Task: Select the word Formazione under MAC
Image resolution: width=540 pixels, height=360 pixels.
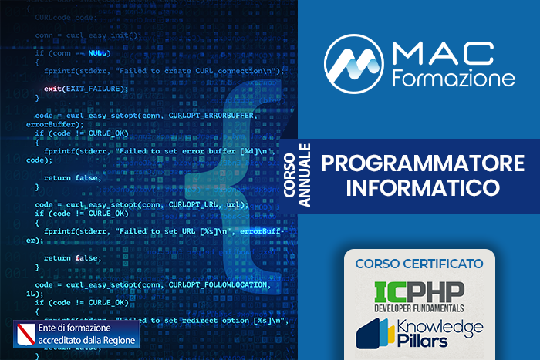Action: pyautogui.click(x=454, y=79)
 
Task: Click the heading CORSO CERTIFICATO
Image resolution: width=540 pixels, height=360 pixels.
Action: pyautogui.click(x=420, y=264)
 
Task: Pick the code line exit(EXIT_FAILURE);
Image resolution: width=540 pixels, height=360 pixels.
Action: pyautogui.click(x=86, y=89)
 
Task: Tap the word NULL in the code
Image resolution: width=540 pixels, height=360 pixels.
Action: pyautogui.click(x=99, y=53)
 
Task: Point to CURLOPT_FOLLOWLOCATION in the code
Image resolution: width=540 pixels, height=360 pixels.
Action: pyautogui.click(x=217, y=284)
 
